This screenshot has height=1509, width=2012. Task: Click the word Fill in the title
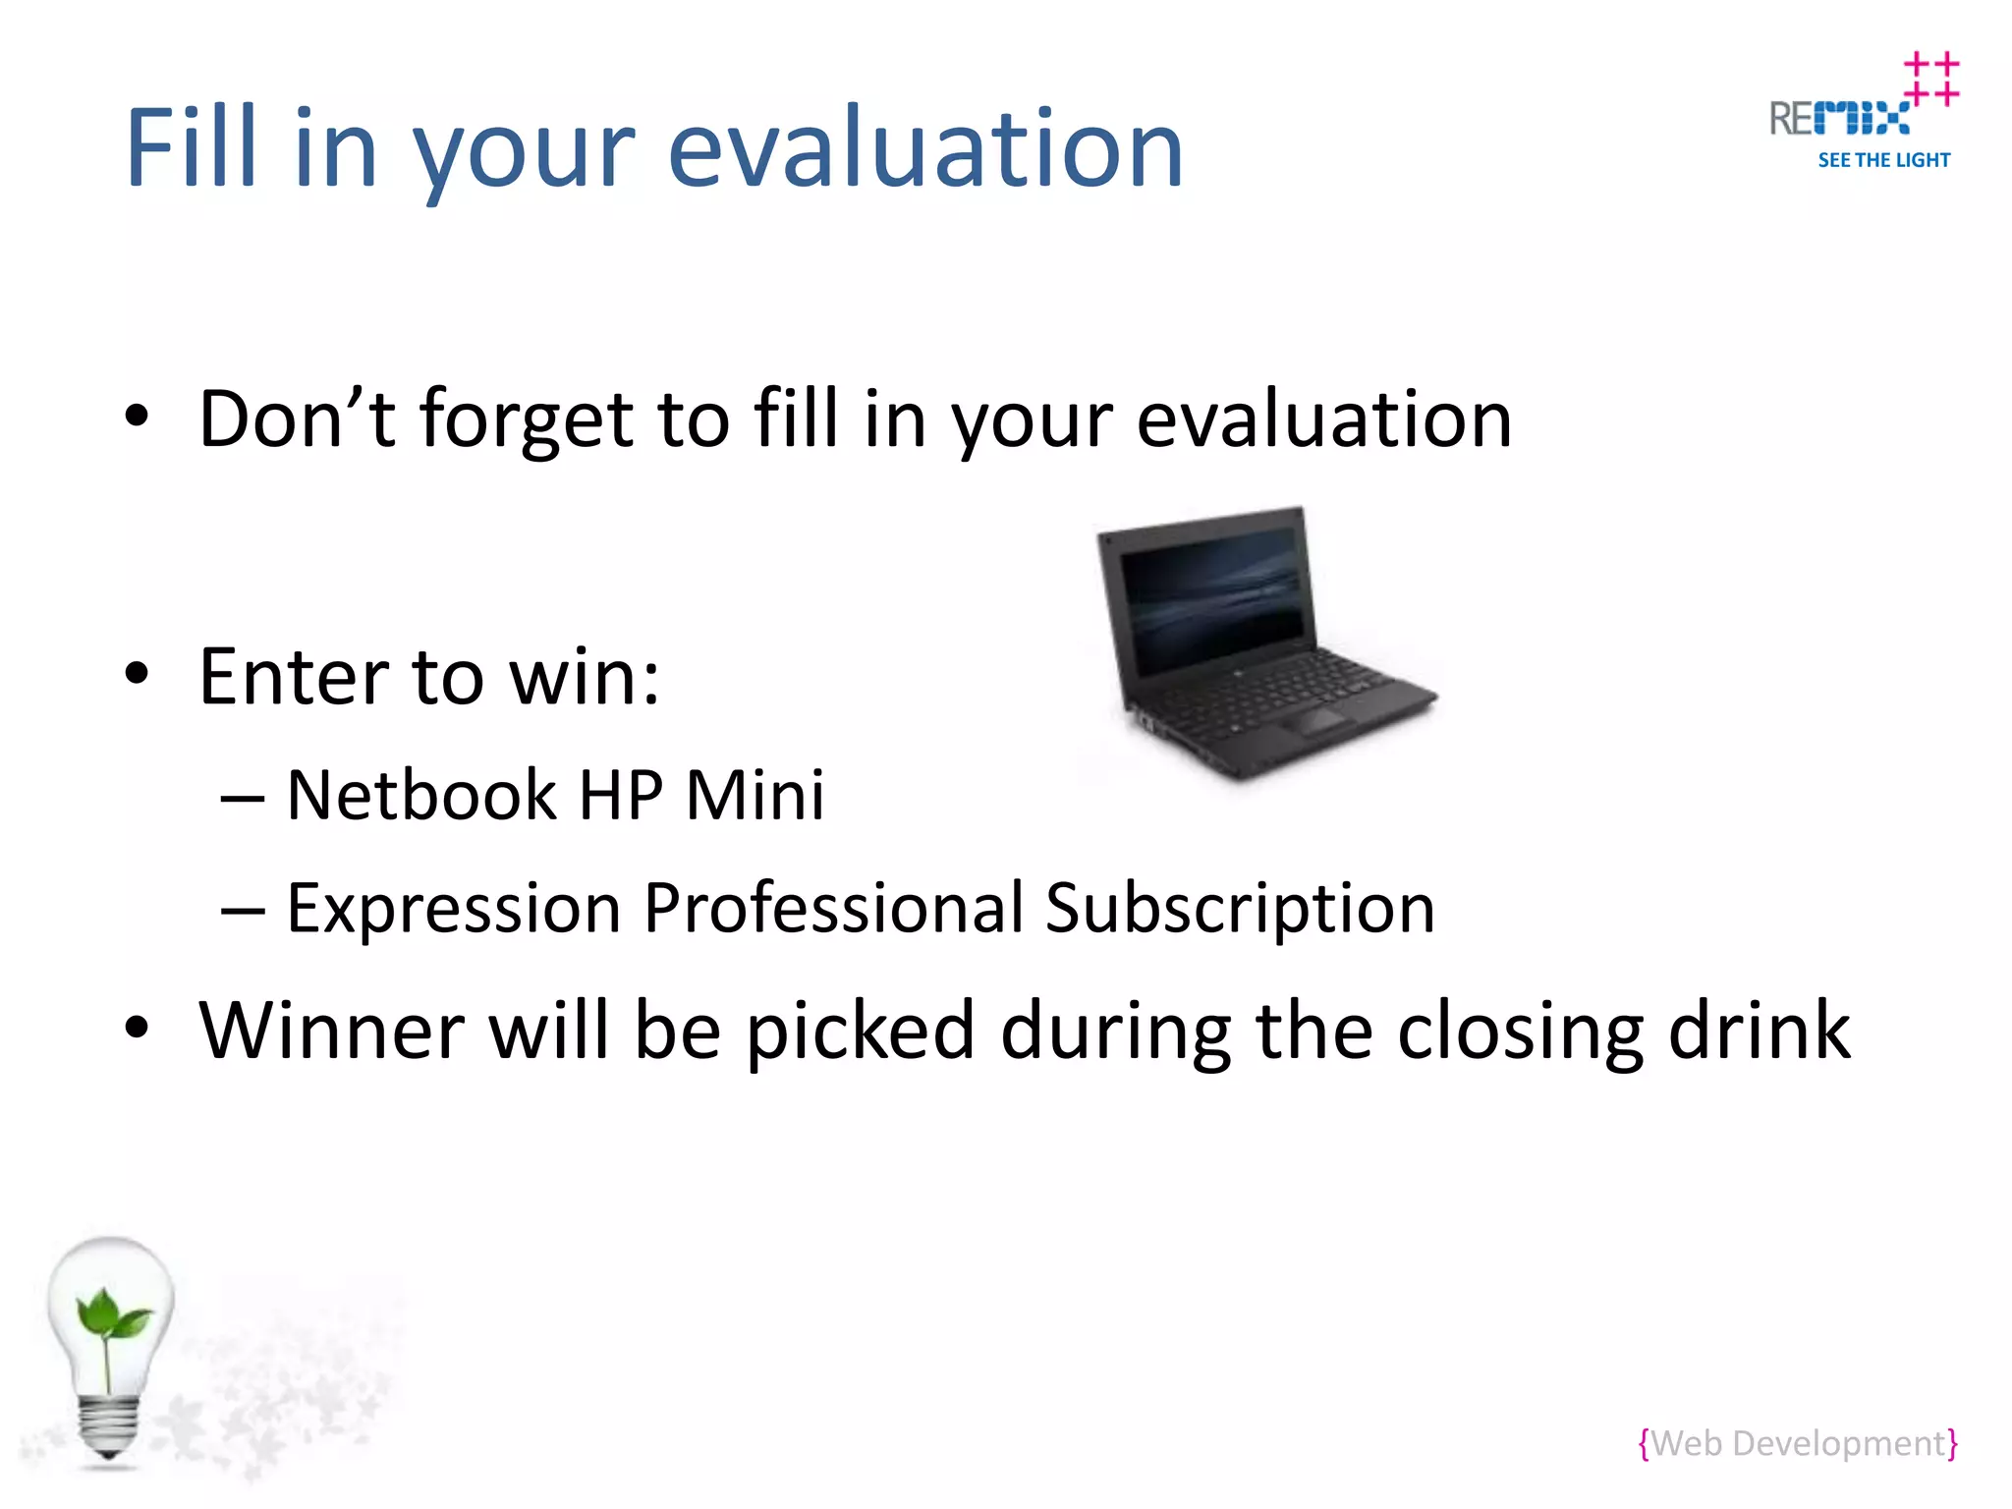coord(193,147)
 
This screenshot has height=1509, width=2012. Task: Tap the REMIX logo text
coord(1839,119)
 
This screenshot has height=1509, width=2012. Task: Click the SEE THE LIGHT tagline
coord(1883,160)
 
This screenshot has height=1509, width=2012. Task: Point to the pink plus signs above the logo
coord(1930,79)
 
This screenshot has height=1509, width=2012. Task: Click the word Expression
coord(452,908)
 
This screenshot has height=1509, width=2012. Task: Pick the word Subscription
coord(1240,908)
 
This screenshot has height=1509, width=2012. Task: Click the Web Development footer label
coord(1798,1443)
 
